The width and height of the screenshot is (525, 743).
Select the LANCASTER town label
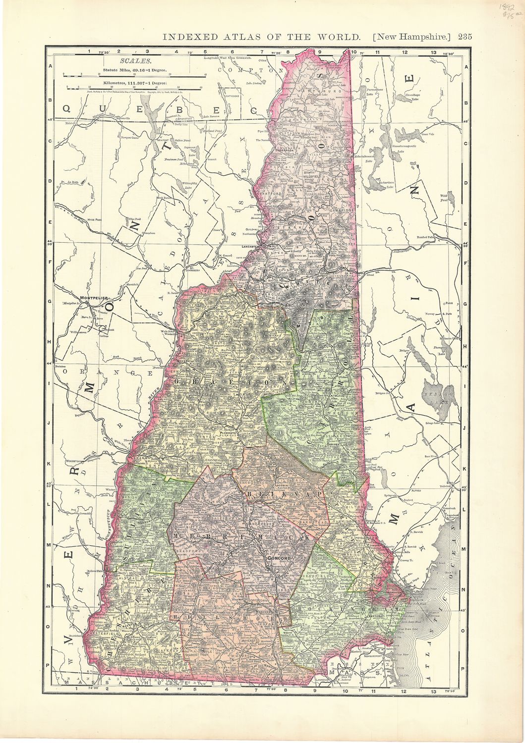[x=251, y=246]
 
